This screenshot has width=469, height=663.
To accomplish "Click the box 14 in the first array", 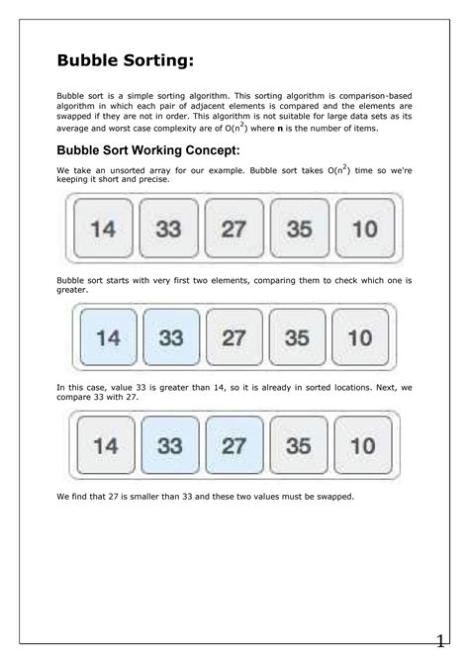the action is click(x=103, y=229).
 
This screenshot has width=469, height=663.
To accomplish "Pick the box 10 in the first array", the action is click(x=364, y=229).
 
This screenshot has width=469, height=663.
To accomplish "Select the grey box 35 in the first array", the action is click(x=299, y=229).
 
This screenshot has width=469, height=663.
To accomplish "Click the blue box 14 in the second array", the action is click(x=108, y=337).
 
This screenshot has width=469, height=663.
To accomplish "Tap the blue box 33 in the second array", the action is click(x=170, y=337).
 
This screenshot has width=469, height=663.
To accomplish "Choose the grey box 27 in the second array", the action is click(x=234, y=337).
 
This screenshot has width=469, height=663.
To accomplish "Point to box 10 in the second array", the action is click(x=360, y=337).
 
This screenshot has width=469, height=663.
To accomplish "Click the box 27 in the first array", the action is click(x=234, y=229).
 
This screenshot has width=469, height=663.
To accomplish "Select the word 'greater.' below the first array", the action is click(x=73, y=291).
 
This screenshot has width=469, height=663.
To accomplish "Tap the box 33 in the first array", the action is click(x=168, y=229).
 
